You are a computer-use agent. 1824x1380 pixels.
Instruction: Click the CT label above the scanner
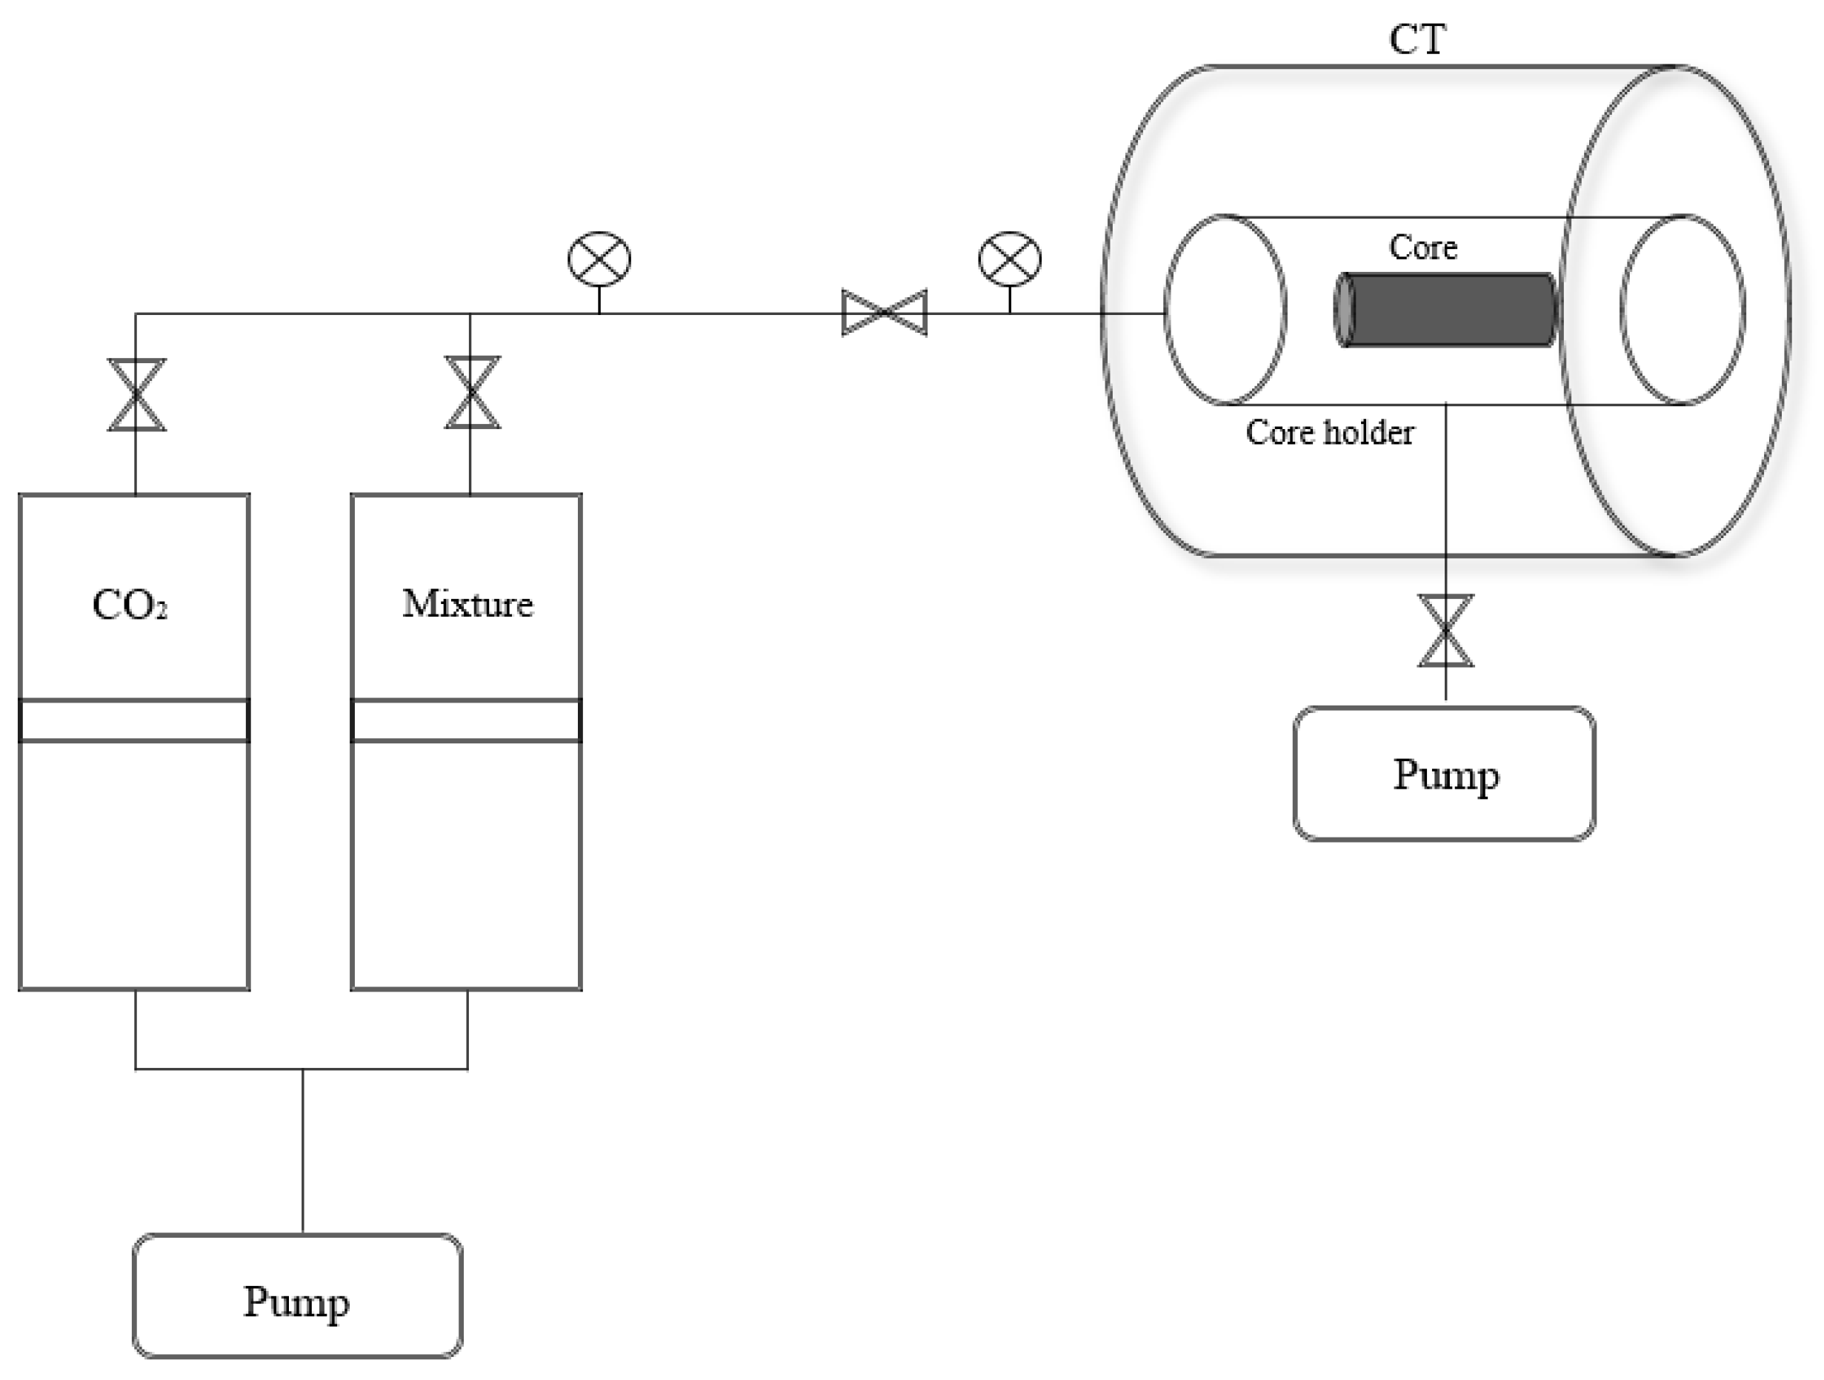click(1417, 39)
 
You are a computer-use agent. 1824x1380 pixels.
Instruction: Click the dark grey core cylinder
click(1445, 310)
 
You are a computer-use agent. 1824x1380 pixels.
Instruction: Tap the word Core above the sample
click(1422, 247)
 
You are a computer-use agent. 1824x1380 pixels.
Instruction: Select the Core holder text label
click(1329, 432)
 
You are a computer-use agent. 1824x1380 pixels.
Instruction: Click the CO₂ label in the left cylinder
click(130, 605)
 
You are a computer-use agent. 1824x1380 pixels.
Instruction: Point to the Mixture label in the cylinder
click(467, 604)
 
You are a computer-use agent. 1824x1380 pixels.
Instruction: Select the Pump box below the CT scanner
click(1445, 774)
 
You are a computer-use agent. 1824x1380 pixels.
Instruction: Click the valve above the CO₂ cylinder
click(137, 394)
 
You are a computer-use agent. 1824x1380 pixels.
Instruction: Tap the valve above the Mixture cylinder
click(472, 392)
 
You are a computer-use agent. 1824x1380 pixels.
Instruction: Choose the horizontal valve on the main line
click(884, 313)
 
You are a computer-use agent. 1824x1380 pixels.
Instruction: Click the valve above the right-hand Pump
click(1445, 630)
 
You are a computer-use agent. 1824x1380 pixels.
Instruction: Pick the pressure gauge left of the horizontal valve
click(599, 259)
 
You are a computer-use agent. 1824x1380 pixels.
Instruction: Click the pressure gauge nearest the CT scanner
click(1010, 259)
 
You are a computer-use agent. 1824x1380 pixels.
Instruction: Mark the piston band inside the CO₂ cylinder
click(134, 720)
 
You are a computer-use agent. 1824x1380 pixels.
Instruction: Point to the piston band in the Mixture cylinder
click(467, 720)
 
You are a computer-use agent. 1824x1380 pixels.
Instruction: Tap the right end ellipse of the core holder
click(1621, 310)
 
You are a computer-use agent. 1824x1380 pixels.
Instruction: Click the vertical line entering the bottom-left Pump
click(302, 1151)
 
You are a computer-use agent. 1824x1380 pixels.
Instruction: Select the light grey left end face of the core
click(1344, 310)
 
